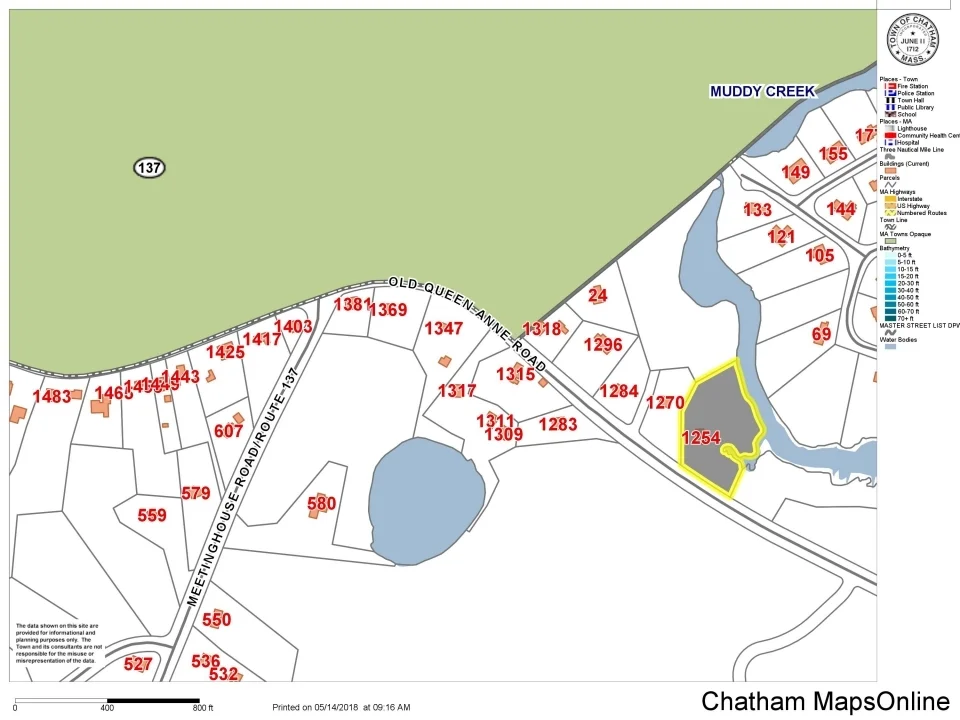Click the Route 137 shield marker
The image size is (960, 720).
149,168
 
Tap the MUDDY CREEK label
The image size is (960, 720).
762,92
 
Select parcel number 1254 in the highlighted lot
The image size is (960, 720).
700,438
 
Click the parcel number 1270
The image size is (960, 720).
664,403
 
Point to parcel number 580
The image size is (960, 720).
321,504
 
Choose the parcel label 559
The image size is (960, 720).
152,516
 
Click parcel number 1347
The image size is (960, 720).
444,329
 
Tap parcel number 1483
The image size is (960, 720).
52,397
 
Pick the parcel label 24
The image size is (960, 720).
598,295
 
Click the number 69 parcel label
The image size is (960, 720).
821,334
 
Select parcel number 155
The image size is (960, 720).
833,154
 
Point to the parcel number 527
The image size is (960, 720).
138,665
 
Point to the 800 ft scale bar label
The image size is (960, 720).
203,709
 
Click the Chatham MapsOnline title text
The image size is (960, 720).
825,702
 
